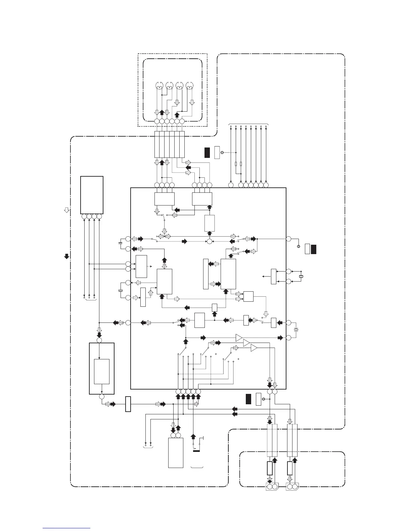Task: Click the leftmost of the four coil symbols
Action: [159, 86]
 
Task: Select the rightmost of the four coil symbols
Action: [189, 86]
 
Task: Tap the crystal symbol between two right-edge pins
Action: [301, 276]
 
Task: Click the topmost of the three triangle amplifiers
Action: [239, 338]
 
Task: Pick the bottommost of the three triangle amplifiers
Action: [254, 348]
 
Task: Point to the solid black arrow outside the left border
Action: [66, 256]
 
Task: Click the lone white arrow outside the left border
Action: [66, 210]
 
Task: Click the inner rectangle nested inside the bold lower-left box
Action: [101, 371]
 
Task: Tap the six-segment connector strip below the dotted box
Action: [170, 144]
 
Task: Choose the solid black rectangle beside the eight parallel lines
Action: [207, 152]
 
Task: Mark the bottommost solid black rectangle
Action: [248, 399]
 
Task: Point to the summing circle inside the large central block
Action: [209, 241]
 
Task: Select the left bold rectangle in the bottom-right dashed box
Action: [270, 468]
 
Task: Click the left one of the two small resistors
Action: [236, 164]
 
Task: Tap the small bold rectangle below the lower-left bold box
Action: [128, 404]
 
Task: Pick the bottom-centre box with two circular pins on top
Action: [176, 453]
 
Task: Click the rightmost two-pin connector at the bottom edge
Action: [292, 486]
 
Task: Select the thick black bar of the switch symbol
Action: [196, 451]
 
